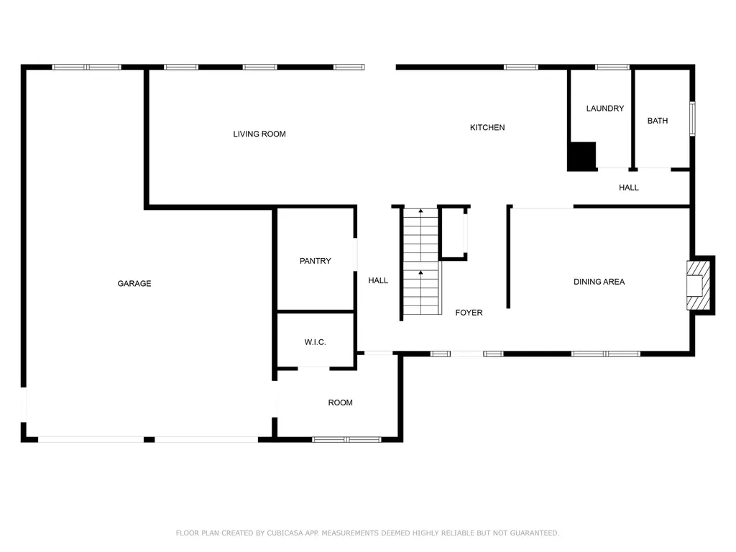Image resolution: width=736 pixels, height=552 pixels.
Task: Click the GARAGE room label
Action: tap(134, 284)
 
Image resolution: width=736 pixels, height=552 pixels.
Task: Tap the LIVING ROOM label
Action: tap(259, 134)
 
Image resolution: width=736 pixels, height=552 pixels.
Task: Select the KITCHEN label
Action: tap(487, 128)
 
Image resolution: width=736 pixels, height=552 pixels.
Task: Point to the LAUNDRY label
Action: tap(604, 109)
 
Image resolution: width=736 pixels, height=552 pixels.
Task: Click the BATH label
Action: tap(657, 121)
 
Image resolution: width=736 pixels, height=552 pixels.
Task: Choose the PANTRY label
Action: tap(315, 261)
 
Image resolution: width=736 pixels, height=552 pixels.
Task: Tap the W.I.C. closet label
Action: tap(315, 343)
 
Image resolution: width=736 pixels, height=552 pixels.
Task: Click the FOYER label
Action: tap(469, 313)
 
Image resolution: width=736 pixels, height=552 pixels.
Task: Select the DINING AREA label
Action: tap(599, 282)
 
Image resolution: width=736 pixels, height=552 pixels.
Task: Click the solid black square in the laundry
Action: tap(582, 156)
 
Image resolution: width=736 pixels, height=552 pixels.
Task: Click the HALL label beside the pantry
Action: tap(378, 281)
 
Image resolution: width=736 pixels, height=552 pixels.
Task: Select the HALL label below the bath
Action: tap(628, 188)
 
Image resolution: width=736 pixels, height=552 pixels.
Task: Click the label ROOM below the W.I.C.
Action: tap(340, 403)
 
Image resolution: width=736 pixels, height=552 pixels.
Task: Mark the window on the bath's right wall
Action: tap(692, 119)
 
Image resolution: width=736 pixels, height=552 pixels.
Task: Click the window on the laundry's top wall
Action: tap(612, 68)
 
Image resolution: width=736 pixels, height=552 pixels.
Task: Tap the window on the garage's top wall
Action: tap(87, 68)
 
